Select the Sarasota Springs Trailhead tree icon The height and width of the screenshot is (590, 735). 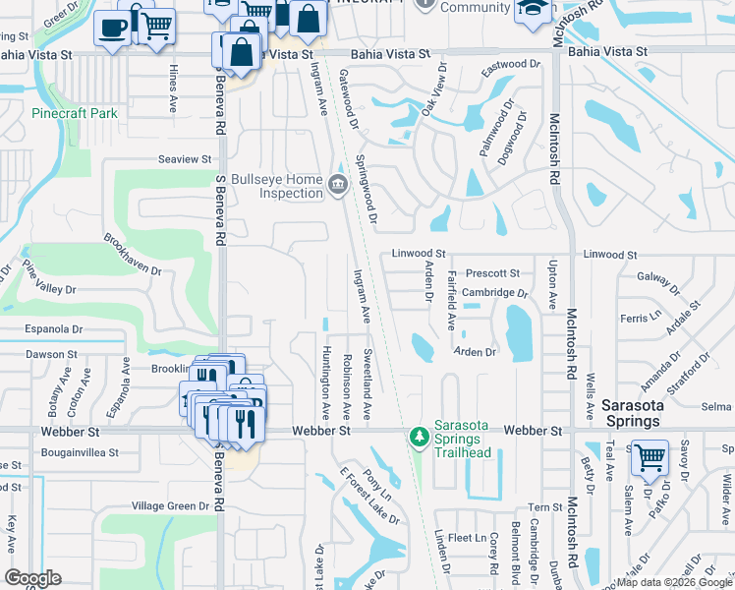coord(420,435)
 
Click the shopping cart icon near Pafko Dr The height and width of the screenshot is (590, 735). coord(649,456)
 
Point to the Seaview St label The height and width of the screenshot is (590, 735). coord(185,158)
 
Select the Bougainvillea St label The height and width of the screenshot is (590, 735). coord(80,453)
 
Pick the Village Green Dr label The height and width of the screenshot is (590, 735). coord(171,506)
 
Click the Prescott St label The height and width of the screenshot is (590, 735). coord(492,272)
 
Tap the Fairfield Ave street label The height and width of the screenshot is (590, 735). coord(452,300)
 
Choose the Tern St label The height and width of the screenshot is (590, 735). coord(543,507)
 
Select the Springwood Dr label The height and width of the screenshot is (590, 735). coord(367,189)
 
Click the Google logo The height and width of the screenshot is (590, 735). coord(33,577)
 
